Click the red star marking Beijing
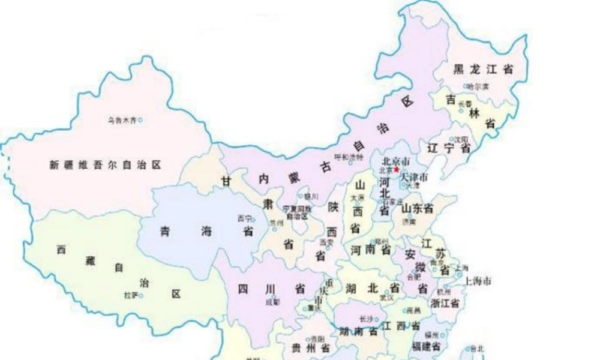click(396, 170)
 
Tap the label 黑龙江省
click(483, 70)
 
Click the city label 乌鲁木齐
click(122, 120)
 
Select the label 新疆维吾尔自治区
click(106, 164)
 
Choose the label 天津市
click(414, 178)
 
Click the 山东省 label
click(418, 208)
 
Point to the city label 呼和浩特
click(349, 157)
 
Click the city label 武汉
click(386, 298)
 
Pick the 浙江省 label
click(445, 303)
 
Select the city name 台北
click(477, 348)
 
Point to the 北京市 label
click(395, 161)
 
